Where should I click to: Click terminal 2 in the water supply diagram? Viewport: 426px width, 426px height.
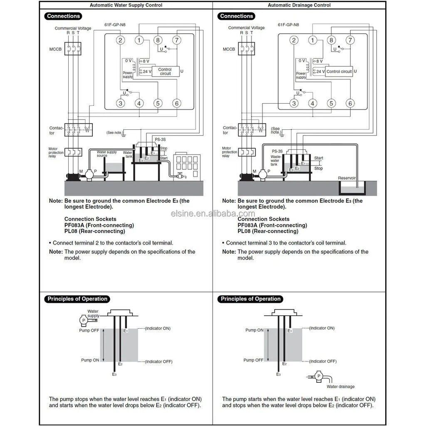pos(121,40)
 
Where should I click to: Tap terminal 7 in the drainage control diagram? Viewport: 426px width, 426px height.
pos(350,40)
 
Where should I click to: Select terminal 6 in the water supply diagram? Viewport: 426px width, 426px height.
pos(177,104)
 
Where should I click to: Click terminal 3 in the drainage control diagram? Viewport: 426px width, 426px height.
pos(294,104)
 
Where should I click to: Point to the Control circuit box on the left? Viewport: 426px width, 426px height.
pos(165,72)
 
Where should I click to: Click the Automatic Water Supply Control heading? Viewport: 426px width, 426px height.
pos(126,5)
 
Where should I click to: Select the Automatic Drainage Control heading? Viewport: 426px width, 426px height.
pos(299,5)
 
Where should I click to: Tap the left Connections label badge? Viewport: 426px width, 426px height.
pos(63,16)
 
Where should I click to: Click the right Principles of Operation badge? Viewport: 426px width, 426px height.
pos(250,299)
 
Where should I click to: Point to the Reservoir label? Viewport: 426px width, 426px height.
pos(347,178)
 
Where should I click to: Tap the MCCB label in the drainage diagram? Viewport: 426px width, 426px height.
pos(229,49)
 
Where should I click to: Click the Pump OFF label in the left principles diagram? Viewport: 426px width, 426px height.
pos(89,330)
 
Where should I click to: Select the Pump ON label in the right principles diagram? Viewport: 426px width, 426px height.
pos(254,330)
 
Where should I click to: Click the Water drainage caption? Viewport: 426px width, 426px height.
pos(341,386)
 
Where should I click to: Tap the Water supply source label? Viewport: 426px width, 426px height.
pos(107,154)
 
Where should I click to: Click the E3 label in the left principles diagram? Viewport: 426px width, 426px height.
pos(114,374)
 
